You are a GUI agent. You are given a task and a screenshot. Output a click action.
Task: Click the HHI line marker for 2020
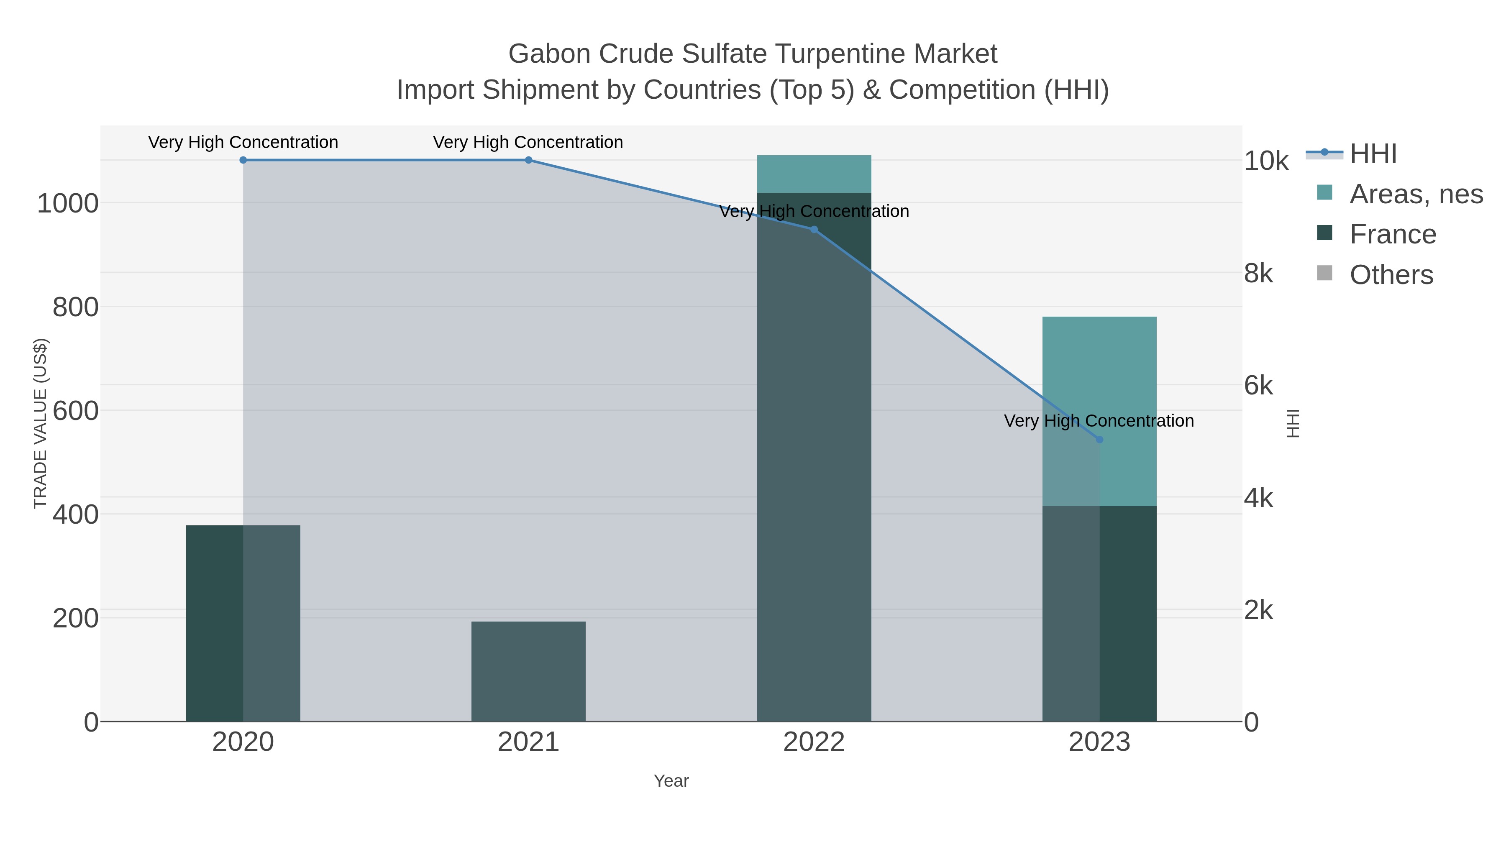(243, 160)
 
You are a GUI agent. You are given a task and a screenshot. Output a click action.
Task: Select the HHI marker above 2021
(528, 160)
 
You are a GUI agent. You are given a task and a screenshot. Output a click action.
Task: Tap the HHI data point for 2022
(814, 230)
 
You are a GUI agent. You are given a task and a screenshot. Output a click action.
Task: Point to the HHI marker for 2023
(1099, 440)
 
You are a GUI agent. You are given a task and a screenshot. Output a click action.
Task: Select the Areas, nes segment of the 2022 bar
(814, 174)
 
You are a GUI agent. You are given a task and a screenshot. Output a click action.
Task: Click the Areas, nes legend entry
(1415, 194)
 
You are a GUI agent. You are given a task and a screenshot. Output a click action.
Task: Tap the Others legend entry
(1391, 275)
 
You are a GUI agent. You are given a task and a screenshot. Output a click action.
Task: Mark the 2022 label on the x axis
(814, 742)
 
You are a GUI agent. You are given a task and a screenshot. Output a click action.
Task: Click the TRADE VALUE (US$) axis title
(40, 423)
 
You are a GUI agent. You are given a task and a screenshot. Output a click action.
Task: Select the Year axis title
(671, 781)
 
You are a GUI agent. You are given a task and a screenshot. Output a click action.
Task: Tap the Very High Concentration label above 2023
(1099, 421)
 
